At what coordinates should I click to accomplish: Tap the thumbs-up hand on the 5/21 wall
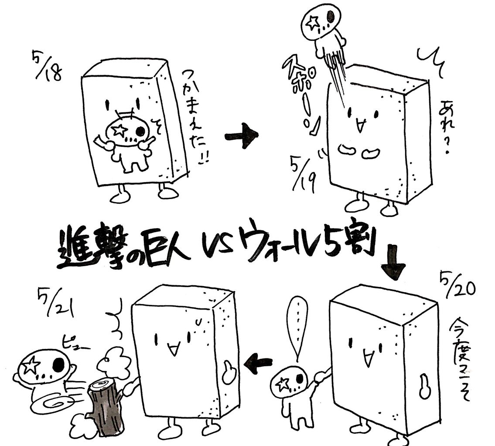229,372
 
